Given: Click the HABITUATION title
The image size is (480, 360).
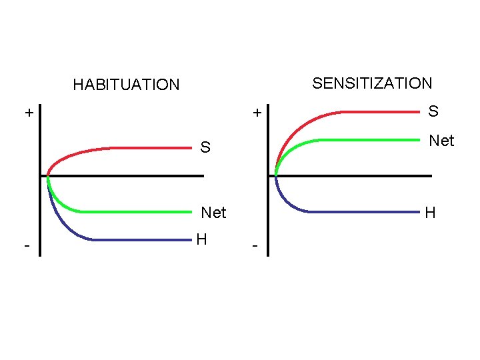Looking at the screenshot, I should click(x=126, y=85).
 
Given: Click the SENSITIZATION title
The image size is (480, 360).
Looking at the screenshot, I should click(x=372, y=83).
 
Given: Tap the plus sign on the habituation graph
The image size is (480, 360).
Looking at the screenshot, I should click(x=29, y=113).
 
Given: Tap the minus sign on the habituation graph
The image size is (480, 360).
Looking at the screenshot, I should click(x=26, y=246).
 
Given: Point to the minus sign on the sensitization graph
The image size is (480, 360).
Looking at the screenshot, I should click(x=255, y=246).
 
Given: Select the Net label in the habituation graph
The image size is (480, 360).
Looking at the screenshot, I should click(x=213, y=213).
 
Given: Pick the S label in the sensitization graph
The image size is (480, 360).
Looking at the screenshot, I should click(x=433, y=111).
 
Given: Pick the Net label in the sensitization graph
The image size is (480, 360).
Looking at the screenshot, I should click(x=441, y=141).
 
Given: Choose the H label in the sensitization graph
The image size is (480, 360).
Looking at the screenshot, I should click(x=430, y=213).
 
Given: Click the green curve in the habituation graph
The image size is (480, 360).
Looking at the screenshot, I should click(x=133, y=212).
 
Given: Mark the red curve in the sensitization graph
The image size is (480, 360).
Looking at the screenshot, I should click(x=373, y=112).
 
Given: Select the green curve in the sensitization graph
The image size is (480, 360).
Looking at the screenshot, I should click(x=373, y=140).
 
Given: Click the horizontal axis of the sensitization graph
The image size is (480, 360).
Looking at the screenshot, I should click(x=373, y=176).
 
